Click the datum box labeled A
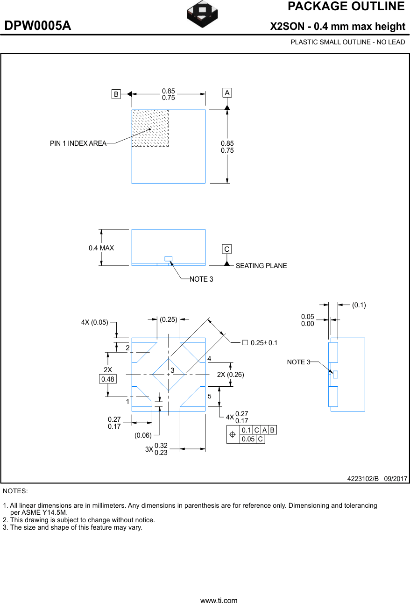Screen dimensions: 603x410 point(227,93)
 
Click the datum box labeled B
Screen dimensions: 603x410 point(116,94)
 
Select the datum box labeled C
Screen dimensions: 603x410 point(227,249)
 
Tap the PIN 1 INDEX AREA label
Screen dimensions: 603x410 point(78,143)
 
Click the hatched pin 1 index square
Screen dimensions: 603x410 point(150,128)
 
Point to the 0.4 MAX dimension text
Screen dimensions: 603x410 point(101,248)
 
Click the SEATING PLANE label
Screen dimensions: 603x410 point(261,266)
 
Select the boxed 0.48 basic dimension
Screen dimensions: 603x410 point(108,379)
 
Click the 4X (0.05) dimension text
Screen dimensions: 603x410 point(94,322)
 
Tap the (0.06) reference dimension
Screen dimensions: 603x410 point(143,435)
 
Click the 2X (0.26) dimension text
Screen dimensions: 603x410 point(230,375)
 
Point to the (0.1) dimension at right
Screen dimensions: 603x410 point(359,305)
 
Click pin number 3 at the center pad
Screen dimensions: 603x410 point(172,370)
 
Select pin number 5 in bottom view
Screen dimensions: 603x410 point(210,396)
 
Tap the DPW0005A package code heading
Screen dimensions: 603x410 point(38,26)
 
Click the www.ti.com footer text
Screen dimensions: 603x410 point(219,601)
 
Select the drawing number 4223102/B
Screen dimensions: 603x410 point(363,479)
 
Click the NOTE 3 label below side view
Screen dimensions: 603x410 point(201,279)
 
